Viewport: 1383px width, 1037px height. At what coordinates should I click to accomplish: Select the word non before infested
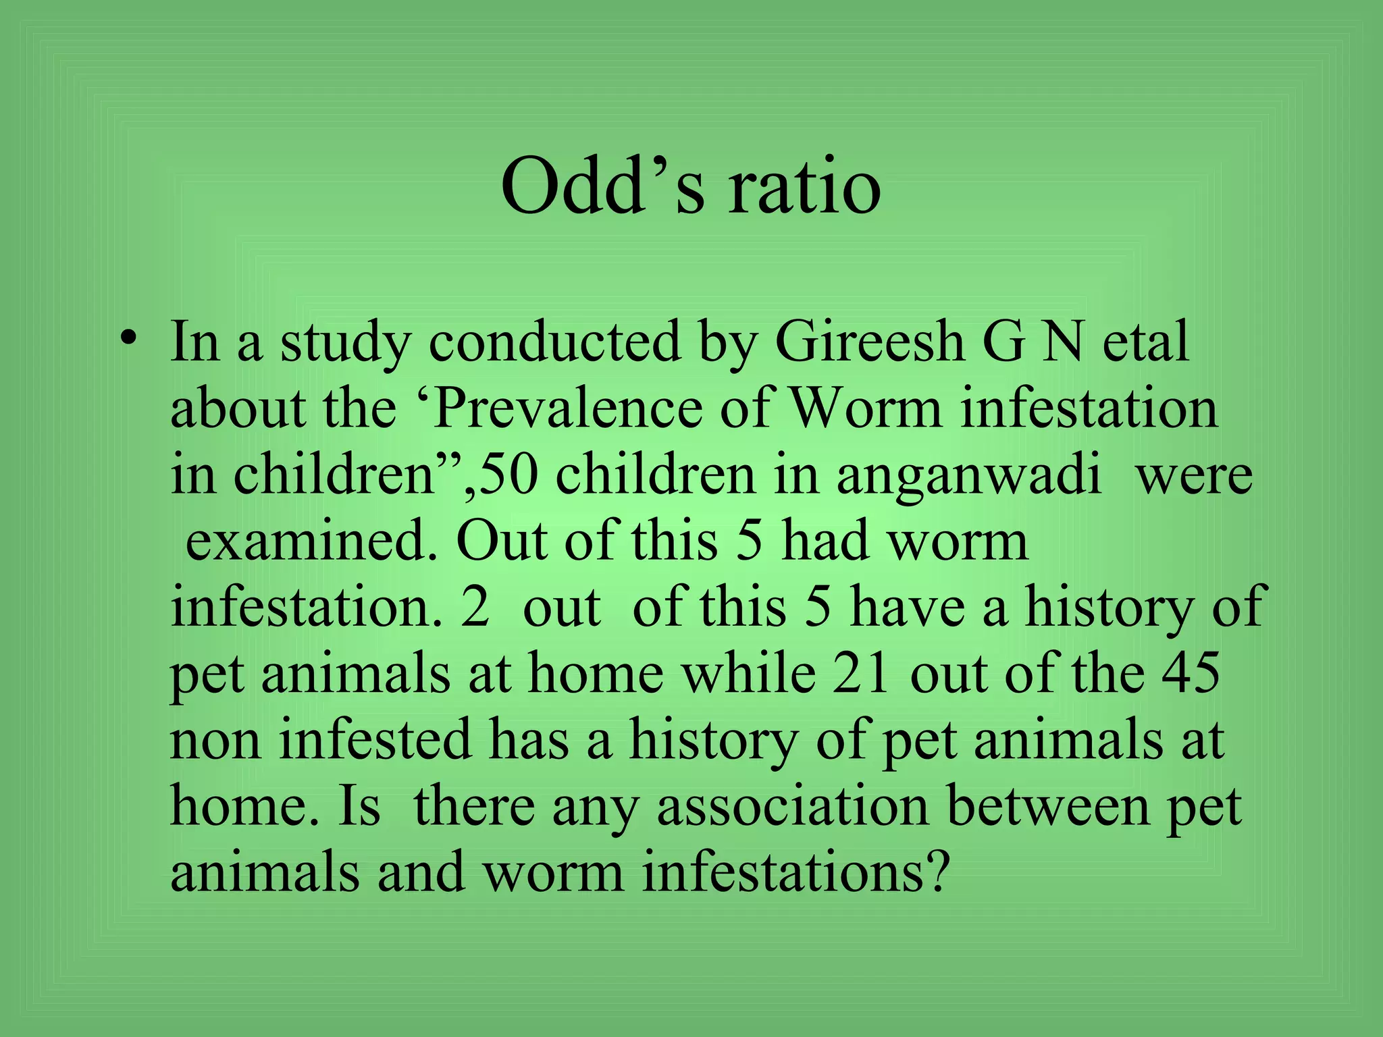(215, 739)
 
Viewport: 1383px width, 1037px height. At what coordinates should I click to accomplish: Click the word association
(793, 805)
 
